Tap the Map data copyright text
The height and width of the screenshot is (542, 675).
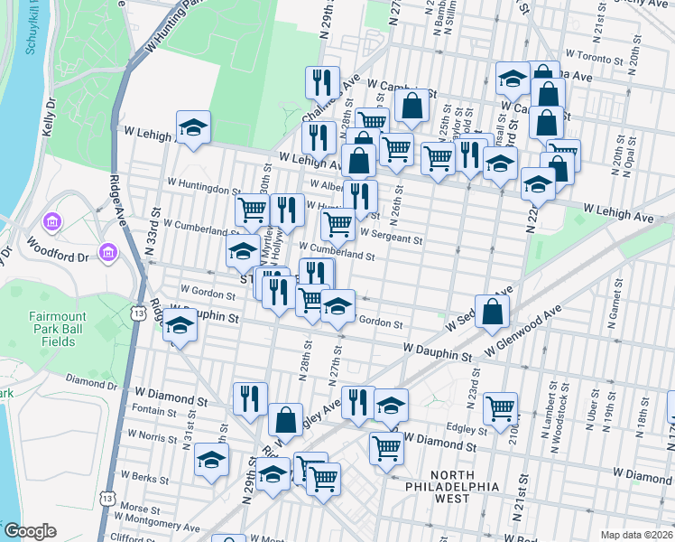point(636,534)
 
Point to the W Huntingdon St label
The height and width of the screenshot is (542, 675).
point(204,191)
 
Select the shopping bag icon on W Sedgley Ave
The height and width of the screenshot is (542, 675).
point(492,312)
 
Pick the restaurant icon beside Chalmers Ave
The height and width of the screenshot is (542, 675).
point(321,82)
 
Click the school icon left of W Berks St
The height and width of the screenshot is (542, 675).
point(211,460)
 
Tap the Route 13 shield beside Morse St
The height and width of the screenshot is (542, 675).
point(108,499)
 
